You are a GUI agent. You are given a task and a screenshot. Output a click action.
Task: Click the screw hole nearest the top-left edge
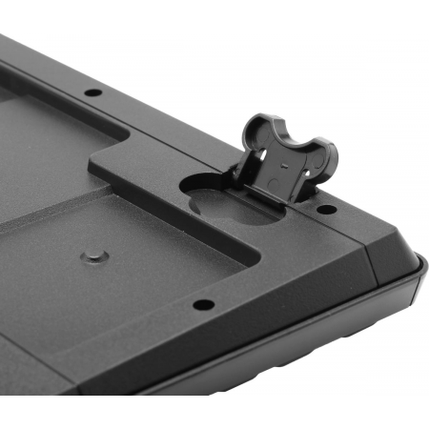92,93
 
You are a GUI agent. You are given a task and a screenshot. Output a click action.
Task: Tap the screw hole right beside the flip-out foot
325,208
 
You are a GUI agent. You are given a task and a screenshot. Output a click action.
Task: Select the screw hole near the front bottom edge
203,305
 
